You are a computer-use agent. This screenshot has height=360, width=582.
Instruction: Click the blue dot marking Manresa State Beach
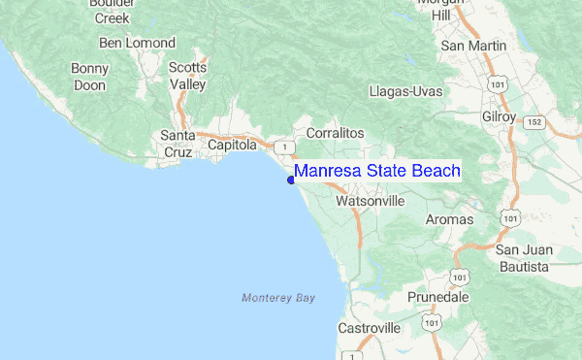pyautogui.click(x=291, y=178)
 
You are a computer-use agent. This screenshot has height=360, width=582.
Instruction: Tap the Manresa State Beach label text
pyautogui.click(x=377, y=171)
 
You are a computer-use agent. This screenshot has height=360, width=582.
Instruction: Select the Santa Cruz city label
pyautogui.click(x=178, y=145)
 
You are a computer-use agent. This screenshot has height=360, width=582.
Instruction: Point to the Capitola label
pyautogui.click(x=233, y=145)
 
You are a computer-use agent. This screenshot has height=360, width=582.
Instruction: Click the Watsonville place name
pyautogui.click(x=370, y=202)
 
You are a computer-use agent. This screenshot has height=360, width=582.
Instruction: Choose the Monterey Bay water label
pyautogui.click(x=278, y=297)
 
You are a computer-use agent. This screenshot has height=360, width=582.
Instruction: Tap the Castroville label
pyautogui.click(x=369, y=329)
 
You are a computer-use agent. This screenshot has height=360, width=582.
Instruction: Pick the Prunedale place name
pyautogui.click(x=438, y=296)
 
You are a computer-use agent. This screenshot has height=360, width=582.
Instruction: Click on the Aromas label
pyautogui.click(x=449, y=220)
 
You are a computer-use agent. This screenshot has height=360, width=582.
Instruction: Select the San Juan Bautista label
pyautogui.click(x=524, y=257)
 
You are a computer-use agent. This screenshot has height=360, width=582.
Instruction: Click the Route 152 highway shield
pyautogui.click(x=534, y=122)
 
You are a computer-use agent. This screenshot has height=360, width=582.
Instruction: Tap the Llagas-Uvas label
pyautogui.click(x=405, y=91)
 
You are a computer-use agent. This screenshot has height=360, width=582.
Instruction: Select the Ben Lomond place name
pyautogui.click(x=137, y=43)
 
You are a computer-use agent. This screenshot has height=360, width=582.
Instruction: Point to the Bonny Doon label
pyautogui.click(x=90, y=77)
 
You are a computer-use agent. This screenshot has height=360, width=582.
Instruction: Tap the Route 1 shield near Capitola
pyautogui.click(x=282, y=147)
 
